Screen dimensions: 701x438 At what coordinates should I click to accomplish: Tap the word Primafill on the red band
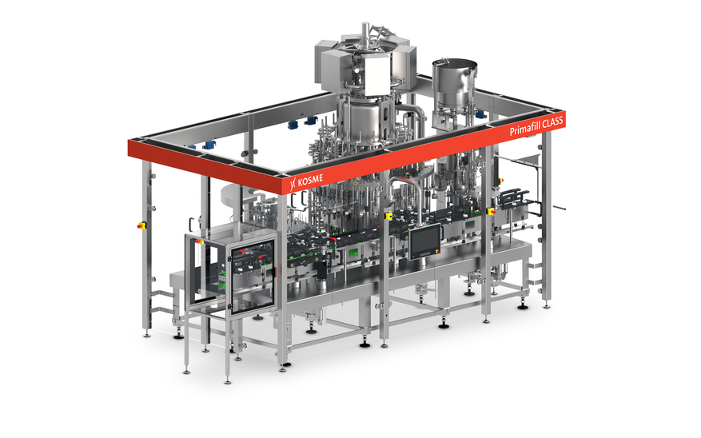526,128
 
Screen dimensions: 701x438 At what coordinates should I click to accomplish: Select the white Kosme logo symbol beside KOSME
293,183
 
